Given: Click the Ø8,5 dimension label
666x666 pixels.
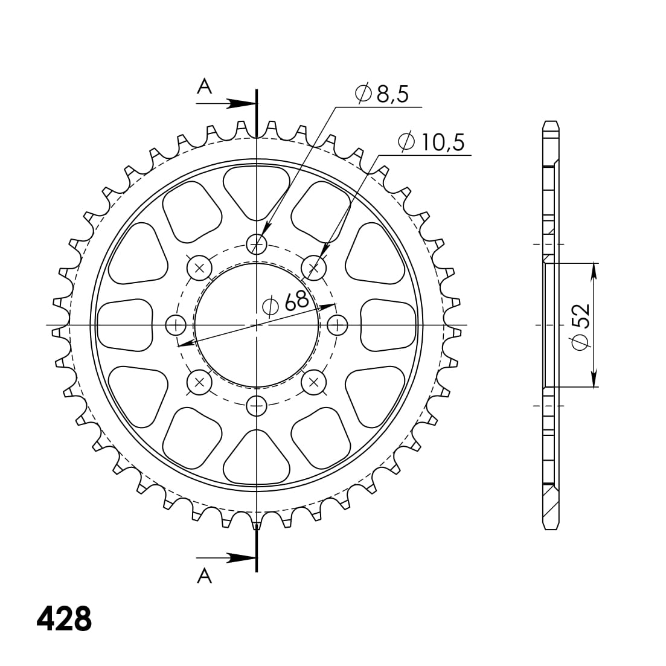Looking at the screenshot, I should coord(382,94).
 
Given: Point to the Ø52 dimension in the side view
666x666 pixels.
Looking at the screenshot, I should coord(580,325).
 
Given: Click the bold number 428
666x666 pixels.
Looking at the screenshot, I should coord(64,618).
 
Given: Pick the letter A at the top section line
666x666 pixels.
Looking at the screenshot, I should coord(205,88).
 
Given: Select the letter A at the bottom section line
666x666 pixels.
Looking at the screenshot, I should coord(205,576).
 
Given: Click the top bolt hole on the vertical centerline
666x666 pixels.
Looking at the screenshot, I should coord(257,244).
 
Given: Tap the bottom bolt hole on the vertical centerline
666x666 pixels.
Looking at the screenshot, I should coord(257,406).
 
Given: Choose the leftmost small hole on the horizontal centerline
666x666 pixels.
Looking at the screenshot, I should coord(176,325).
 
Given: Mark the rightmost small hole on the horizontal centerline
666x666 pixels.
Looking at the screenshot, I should coord(337,325).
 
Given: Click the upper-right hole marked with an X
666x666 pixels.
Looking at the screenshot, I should coord(313,267).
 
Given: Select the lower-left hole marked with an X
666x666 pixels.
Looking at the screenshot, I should coord(199,382).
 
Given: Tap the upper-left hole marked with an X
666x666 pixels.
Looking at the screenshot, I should coord(199,267).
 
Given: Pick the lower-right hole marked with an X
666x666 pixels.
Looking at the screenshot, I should coord(313,382).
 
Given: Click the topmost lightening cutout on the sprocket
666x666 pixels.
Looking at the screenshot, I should coord(257,190).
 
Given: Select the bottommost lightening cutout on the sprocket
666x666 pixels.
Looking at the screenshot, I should coord(257,459).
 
